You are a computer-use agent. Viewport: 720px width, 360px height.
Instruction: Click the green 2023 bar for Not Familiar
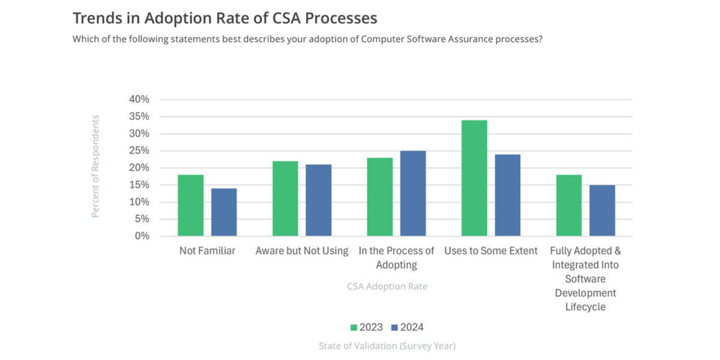[191, 205]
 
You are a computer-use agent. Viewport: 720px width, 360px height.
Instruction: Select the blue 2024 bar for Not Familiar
[224, 212]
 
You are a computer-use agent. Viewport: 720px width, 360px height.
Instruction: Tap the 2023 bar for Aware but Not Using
[285, 198]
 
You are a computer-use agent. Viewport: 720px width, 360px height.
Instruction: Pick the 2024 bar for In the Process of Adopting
[413, 193]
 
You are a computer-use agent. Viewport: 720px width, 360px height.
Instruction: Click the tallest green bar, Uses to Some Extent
[474, 178]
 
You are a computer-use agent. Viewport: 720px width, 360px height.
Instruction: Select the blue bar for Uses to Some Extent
[508, 195]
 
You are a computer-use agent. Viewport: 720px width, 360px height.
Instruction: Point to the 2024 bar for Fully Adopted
[602, 210]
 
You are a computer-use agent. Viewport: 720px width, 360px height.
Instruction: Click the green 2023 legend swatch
[354, 328]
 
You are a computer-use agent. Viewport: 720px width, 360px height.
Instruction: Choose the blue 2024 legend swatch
[394, 328]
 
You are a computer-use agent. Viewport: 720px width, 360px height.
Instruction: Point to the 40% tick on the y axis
[139, 100]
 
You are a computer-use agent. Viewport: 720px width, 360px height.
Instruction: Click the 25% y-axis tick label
[139, 151]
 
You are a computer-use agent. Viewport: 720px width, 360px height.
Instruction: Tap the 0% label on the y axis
[142, 236]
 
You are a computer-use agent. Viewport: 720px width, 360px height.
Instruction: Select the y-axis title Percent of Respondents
[95, 166]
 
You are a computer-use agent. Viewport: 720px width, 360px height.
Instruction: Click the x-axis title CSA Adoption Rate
[387, 286]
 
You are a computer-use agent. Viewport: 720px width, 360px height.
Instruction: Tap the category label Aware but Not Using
[302, 251]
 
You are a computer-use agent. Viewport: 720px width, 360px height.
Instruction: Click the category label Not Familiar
[207, 251]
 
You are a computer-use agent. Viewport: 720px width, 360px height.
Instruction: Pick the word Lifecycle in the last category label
[585, 307]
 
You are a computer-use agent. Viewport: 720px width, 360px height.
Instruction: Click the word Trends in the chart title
[96, 18]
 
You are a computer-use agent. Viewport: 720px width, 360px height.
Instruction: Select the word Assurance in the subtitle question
[466, 40]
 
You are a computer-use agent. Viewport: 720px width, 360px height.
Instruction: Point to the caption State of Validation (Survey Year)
[387, 346]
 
